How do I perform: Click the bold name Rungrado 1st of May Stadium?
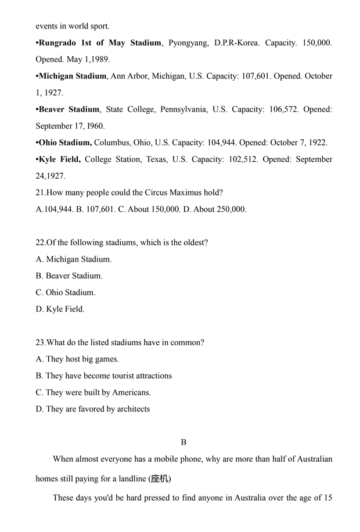(x=99, y=43)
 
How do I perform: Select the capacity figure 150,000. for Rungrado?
(x=317, y=43)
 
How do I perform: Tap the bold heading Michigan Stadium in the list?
(x=72, y=76)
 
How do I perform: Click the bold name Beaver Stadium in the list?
(x=69, y=109)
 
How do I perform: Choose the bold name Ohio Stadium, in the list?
(x=64, y=143)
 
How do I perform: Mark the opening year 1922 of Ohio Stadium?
(x=317, y=143)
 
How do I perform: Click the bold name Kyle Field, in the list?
(x=59, y=159)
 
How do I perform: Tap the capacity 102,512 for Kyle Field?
(x=239, y=159)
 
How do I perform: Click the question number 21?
(x=40, y=193)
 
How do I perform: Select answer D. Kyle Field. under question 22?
(x=60, y=309)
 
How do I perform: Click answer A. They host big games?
(x=77, y=359)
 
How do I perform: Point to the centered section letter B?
(x=183, y=442)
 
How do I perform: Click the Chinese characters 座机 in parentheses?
(x=160, y=479)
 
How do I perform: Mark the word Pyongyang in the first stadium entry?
(x=189, y=43)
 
